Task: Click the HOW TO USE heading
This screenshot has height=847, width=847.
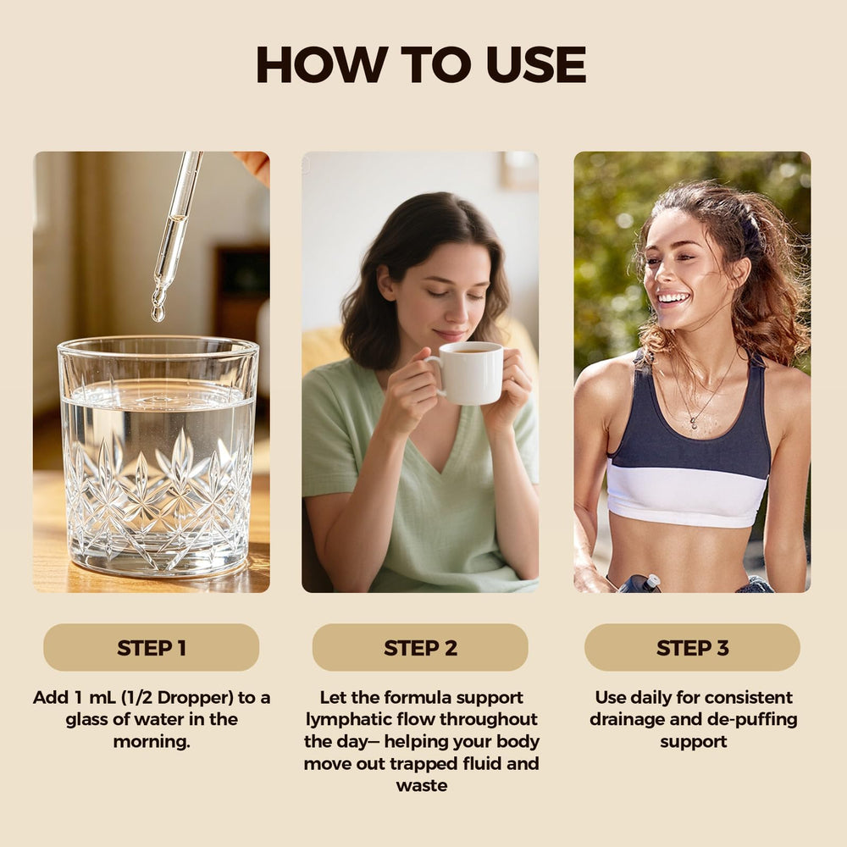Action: [x=421, y=64]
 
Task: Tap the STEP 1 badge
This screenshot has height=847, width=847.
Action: [x=152, y=648]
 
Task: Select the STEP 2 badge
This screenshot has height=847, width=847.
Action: [x=420, y=648]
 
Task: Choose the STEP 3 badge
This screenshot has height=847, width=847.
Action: [x=693, y=648]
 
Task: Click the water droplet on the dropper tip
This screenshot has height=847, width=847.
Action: [x=158, y=313]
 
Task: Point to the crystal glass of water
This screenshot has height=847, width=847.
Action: [x=158, y=457]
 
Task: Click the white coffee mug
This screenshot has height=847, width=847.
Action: [x=468, y=374]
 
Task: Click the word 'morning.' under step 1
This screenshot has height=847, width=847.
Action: [x=152, y=742]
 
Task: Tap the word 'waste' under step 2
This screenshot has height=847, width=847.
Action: [x=421, y=786]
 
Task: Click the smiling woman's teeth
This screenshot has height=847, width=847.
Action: [x=673, y=297]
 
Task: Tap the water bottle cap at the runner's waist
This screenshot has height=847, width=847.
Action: [x=652, y=581]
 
